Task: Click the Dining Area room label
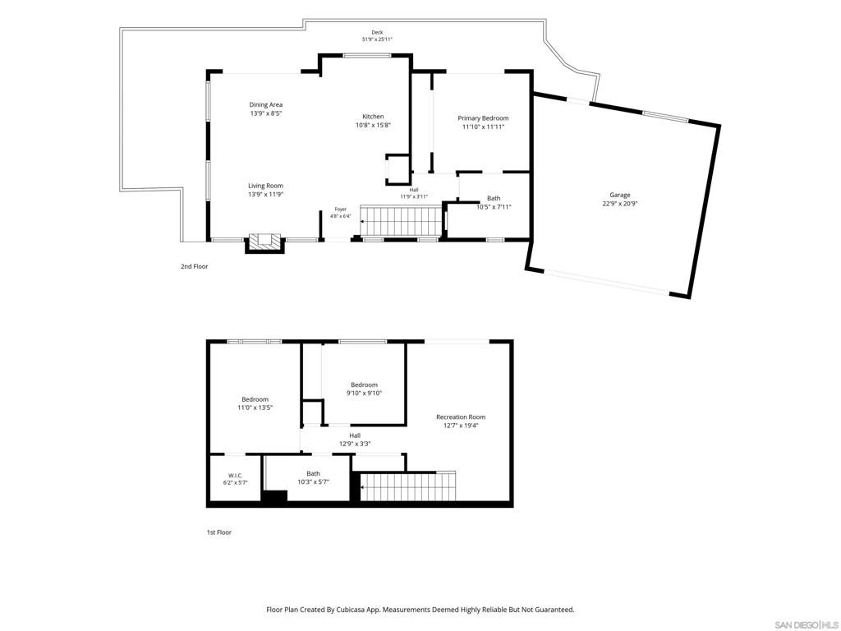coord(265,104)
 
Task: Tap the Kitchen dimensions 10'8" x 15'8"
coord(374,125)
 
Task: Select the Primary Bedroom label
coord(483,118)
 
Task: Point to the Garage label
coord(619,195)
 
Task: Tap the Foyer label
coord(341,210)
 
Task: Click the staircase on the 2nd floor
coord(400,221)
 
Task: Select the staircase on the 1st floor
coord(407,486)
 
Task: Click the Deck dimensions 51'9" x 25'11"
coord(377,39)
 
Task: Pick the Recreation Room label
coord(461,417)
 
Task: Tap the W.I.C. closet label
coord(236,476)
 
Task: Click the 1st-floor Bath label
coord(313,473)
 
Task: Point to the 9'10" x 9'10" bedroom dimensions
coord(364,393)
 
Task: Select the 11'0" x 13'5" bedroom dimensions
coord(255,408)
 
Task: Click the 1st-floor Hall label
coord(355,435)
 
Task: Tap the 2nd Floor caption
coord(194,266)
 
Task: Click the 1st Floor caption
coord(219,532)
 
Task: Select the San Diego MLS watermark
coord(807,624)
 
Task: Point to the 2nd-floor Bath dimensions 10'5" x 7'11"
coord(494,206)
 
